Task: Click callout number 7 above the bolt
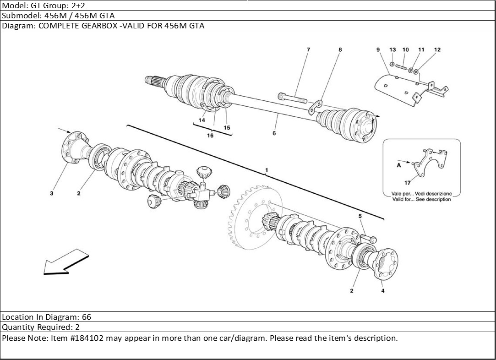coord(308,49)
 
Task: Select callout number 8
coord(340,49)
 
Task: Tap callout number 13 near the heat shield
coord(392,49)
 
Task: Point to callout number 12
coord(437,49)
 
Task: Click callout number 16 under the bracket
coord(210,136)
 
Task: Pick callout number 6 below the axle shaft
coord(274,133)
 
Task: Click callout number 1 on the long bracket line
coord(266,170)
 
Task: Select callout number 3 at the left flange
coord(52,193)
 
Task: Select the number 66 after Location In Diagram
coord(87,317)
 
